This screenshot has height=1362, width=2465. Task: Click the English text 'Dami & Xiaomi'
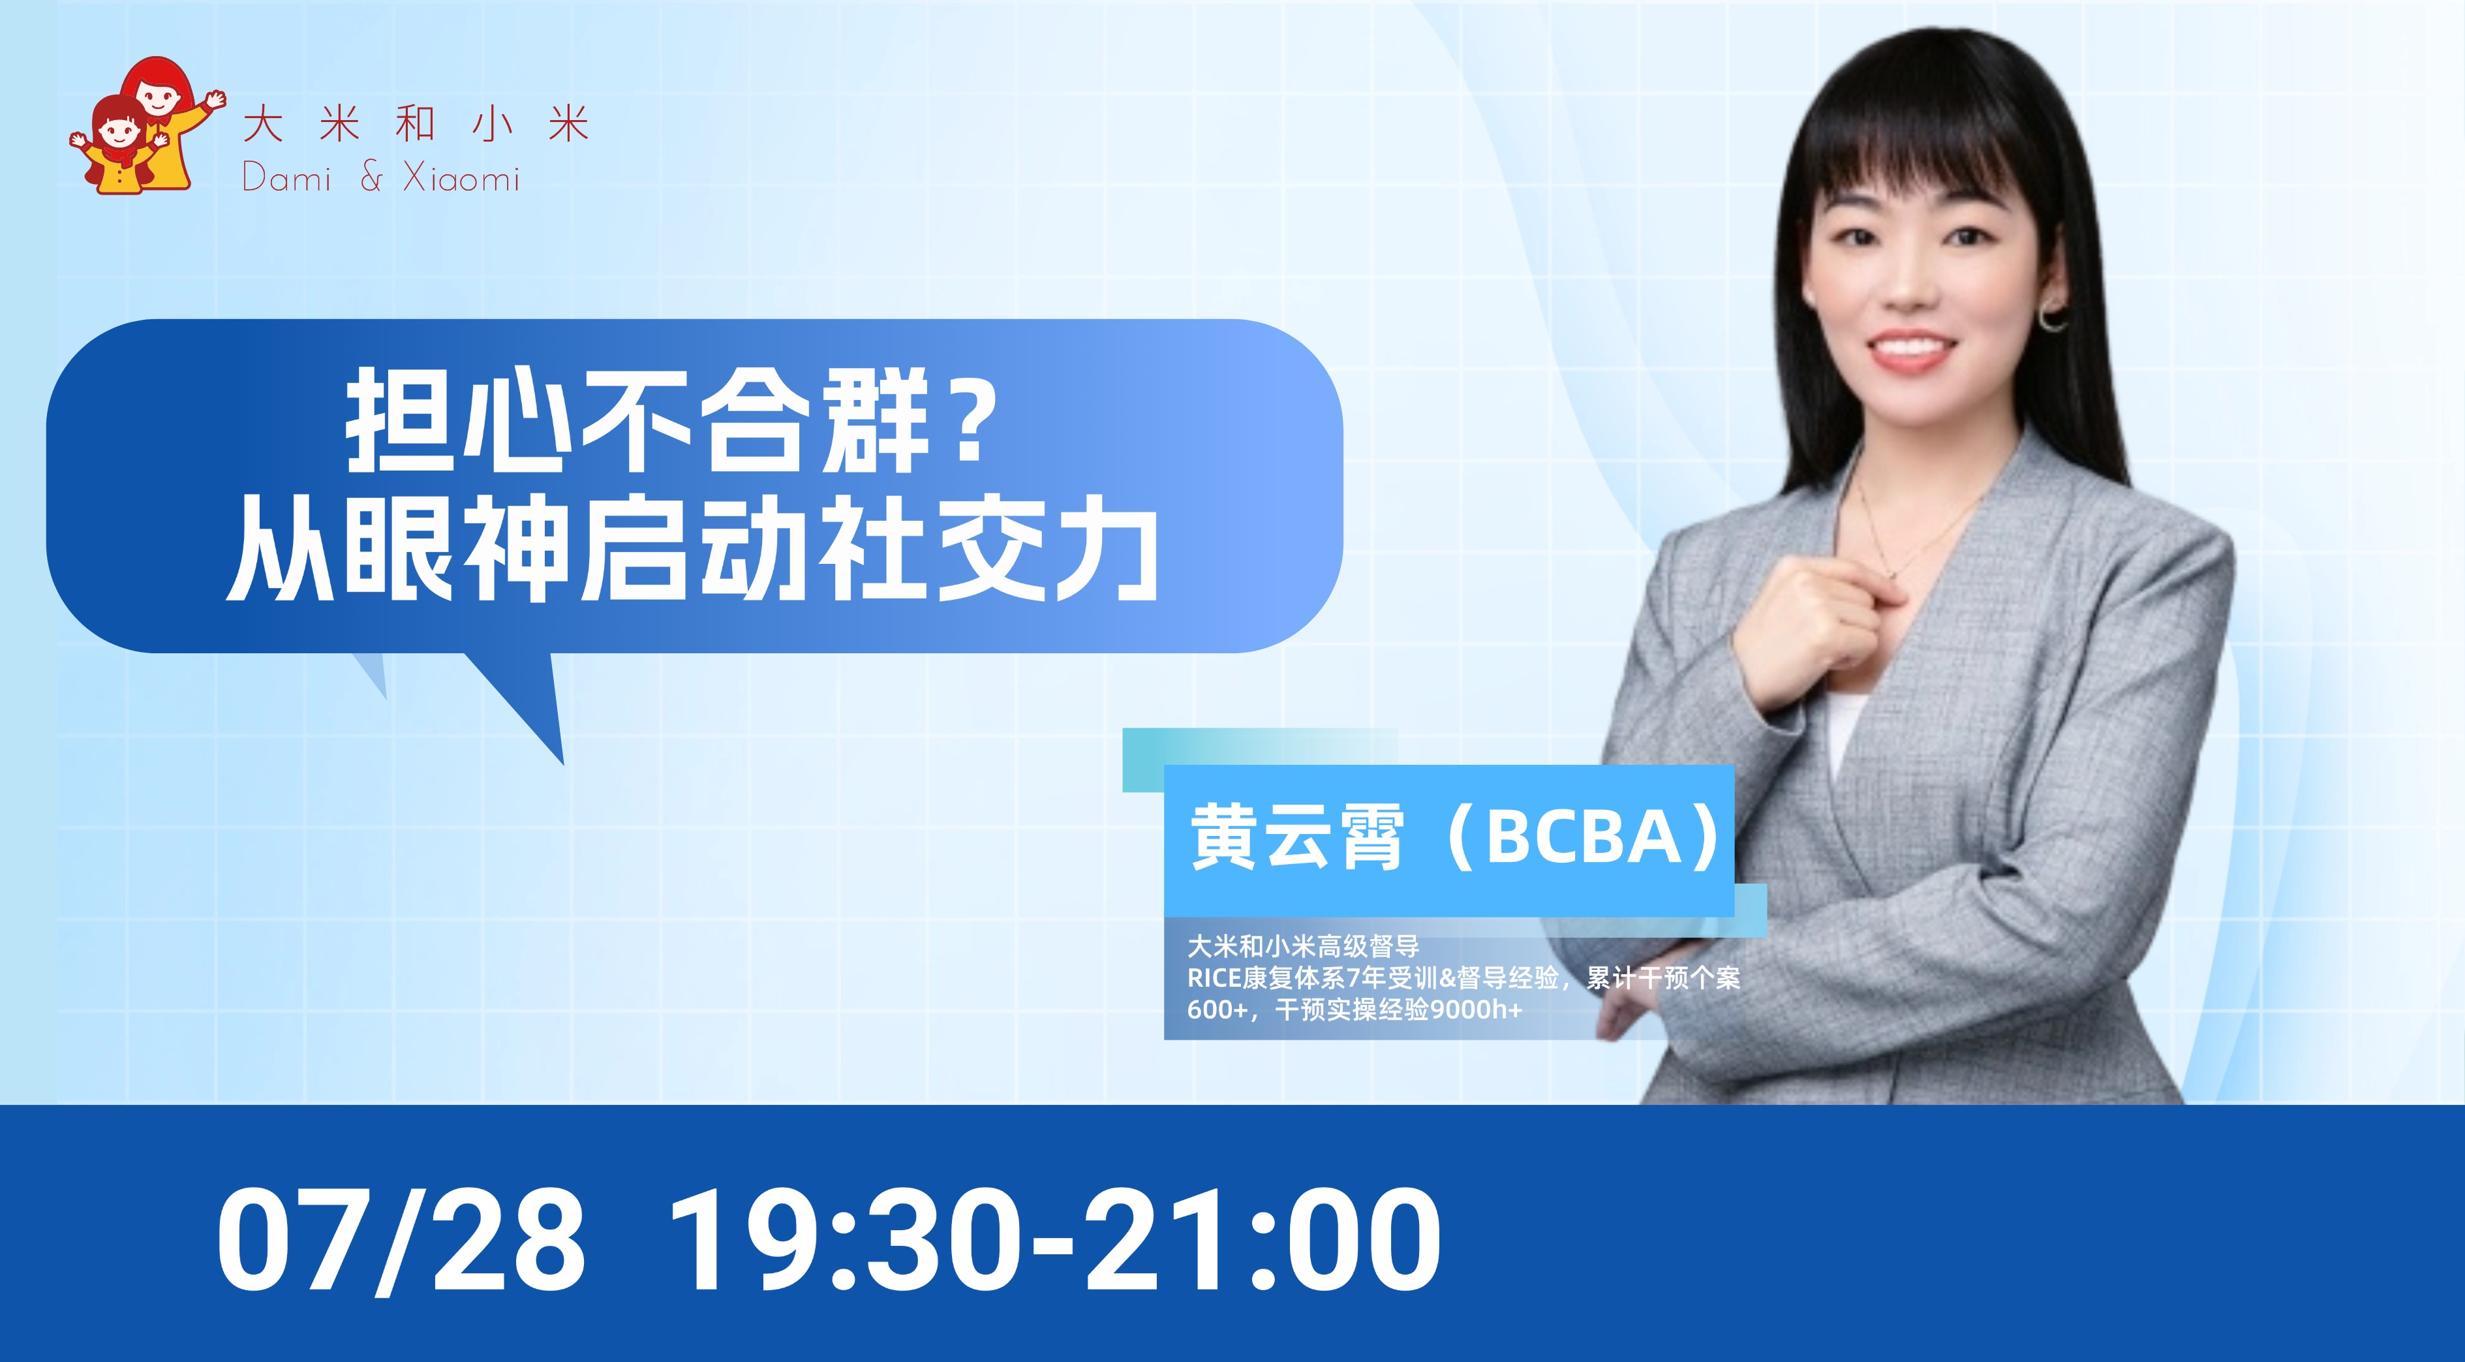(x=381, y=178)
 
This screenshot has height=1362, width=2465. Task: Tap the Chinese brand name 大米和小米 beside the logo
(x=416, y=125)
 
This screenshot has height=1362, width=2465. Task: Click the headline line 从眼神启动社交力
(x=692, y=548)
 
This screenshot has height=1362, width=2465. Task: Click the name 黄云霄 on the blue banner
(x=1296, y=837)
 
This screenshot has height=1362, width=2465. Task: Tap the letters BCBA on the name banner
(x=1583, y=837)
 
